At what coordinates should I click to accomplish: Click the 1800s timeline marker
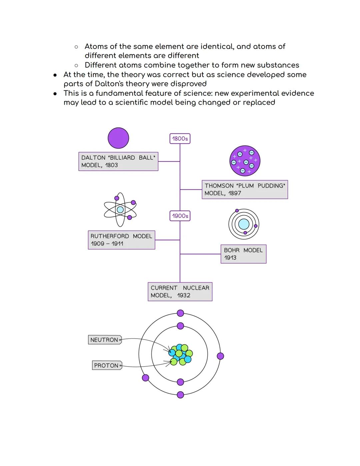(x=180, y=139)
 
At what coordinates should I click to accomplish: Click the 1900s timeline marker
(x=180, y=216)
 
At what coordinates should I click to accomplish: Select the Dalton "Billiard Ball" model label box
(x=118, y=161)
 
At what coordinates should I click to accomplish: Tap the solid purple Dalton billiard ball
(x=118, y=138)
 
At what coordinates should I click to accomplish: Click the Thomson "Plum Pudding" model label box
(x=245, y=189)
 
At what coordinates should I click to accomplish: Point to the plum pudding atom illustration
(x=245, y=161)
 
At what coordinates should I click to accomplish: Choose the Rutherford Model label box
(x=121, y=240)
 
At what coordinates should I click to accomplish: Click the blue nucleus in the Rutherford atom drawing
(x=120, y=210)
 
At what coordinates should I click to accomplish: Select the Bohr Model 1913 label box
(x=243, y=254)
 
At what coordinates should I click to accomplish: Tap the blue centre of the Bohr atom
(x=244, y=224)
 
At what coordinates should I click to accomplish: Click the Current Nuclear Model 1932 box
(x=180, y=292)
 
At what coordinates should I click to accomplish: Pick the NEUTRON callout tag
(x=105, y=340)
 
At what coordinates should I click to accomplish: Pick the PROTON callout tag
(x=107, y=366)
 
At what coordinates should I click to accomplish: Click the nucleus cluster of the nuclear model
(x=180, y=355)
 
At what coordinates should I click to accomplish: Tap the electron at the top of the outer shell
(x=180, y=313)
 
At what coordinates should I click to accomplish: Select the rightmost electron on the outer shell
(x=220, y=356)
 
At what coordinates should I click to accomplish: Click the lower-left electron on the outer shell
(x=146, y=378)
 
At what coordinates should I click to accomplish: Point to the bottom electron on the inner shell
(x=180, y=382)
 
